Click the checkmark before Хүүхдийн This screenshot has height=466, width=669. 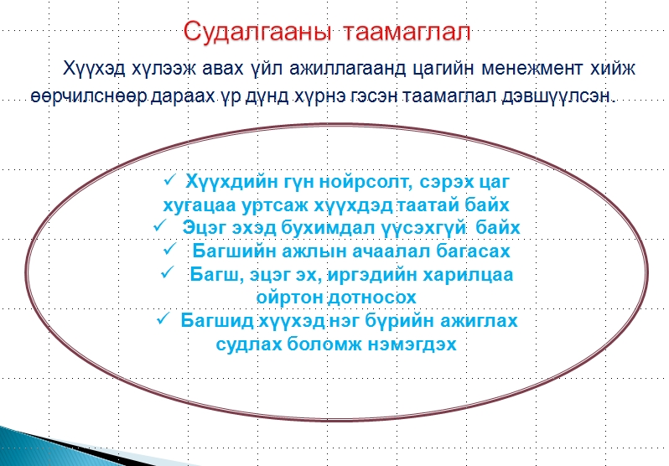click(x=169, y=180)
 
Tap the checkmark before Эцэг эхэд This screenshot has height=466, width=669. click(x=159, y=225)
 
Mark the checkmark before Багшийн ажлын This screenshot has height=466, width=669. click(x=169, y=249)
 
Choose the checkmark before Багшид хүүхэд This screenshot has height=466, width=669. click(x=163, y=318)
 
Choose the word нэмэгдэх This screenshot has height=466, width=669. click(x=412, y=344)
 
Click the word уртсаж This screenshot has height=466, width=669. click(x=275, y=205)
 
